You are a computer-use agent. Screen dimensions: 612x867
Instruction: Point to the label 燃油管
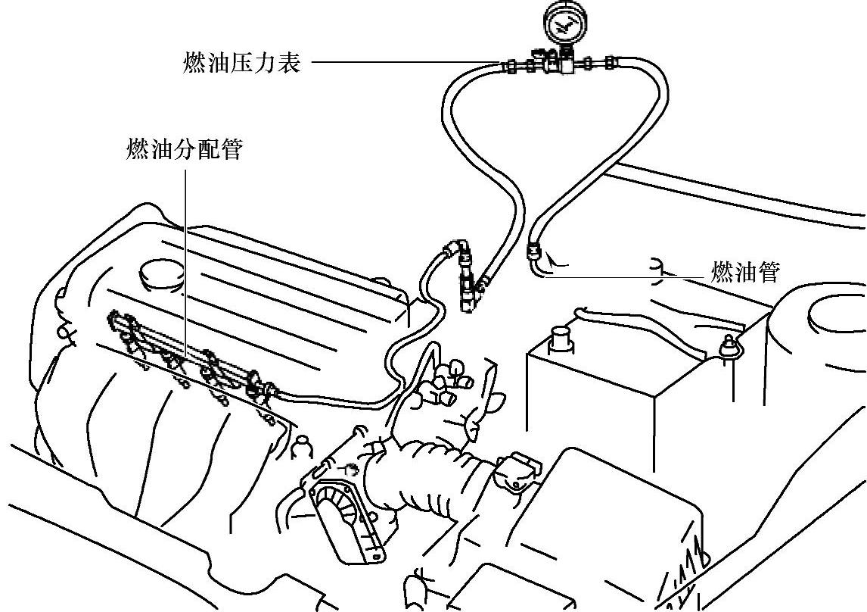[x=745, y=272]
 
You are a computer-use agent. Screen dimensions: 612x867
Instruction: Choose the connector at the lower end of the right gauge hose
[x=534, y=250]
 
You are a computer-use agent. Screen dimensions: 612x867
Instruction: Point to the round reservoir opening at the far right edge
[x=836, y=314]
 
